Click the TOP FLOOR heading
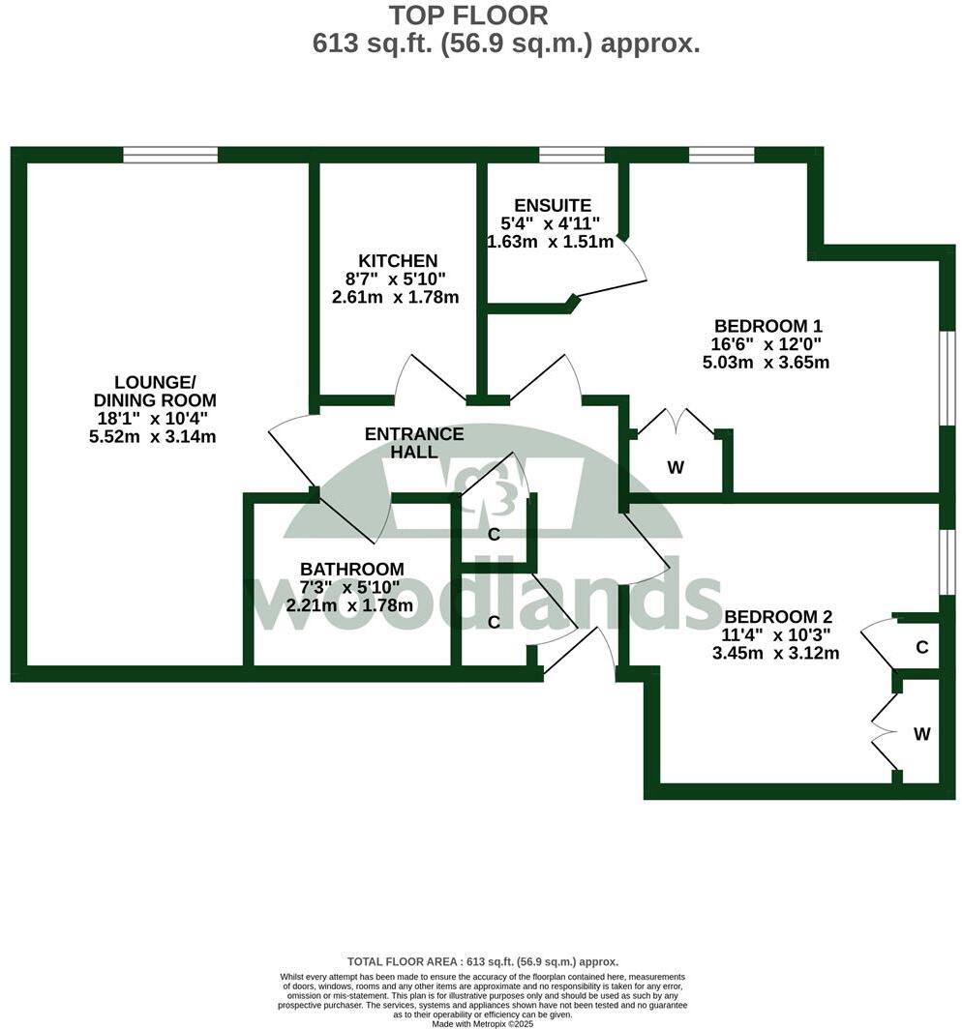click(468, 15)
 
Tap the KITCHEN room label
click(398, 261)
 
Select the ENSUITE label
click(553, 205)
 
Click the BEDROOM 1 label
click(767, 326)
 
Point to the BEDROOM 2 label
click(778, 617)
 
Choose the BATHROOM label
click(351, 570)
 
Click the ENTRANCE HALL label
click(414, 443)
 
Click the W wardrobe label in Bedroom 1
click(676, 468)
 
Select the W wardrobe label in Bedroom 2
click(921, 734)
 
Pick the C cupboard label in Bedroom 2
click(922, 647)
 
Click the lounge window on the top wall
click(170, 155)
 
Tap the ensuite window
click(571, 155)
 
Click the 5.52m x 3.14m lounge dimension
click(152, 436)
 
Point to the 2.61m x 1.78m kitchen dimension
click(395, 297)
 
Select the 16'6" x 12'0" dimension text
click(767, 344)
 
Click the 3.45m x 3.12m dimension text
click(776, 653)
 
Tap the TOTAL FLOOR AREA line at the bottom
click(482, 961)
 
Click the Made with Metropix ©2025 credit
click(482, 1023)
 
